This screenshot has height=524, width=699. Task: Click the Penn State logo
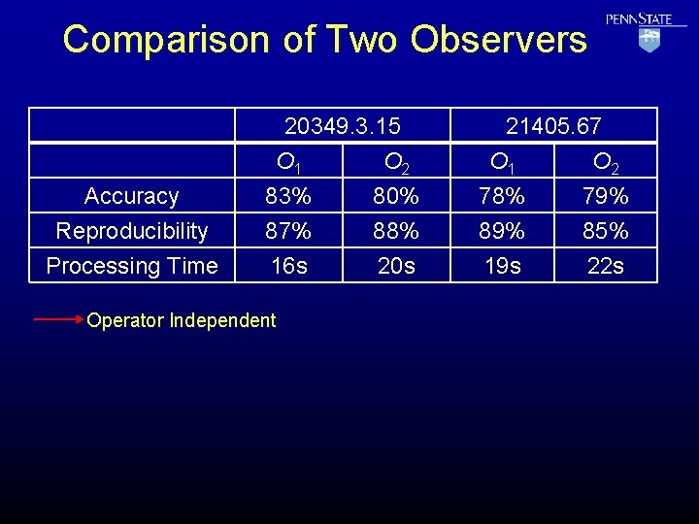coord(647,31)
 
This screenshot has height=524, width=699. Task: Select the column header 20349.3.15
coord(343,126)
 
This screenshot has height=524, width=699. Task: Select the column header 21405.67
coord(553,126)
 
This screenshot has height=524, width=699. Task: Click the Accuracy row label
coord(132,196)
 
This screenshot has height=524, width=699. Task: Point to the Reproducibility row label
coord(132,231)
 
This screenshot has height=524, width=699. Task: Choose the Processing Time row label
coord(132,266)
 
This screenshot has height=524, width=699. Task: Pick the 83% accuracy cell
coord(288,196)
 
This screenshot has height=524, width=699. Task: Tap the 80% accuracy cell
coord(396,196)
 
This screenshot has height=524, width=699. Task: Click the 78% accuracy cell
coord(502,196)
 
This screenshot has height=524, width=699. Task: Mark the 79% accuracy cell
coord(606,196)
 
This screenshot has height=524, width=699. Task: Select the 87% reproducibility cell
coord(288,231)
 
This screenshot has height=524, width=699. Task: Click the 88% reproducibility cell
coord(396,231)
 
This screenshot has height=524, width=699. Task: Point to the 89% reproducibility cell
coord(502,231)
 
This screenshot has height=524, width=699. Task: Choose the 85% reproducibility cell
coord(606,231)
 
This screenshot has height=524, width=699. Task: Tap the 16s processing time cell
coord(288,266)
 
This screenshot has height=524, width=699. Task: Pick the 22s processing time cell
coord(606,266)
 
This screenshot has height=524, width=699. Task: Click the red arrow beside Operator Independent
coord(58,317)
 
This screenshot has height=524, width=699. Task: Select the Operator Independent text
coord(182,320)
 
